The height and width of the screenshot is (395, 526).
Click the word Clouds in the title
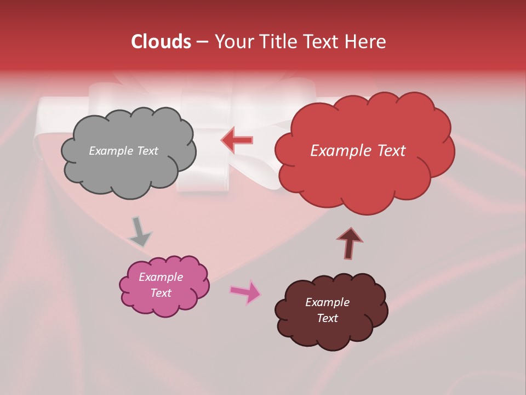coord(161,42)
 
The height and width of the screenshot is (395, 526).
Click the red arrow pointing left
coord(237,140)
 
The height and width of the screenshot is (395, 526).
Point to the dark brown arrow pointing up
coord(350,243)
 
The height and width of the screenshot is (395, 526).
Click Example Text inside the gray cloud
coord(123,151)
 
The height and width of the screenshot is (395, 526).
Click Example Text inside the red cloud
coord(358,151)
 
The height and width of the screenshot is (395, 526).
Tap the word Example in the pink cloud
coord(161,277)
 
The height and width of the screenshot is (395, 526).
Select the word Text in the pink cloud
coord(161,293)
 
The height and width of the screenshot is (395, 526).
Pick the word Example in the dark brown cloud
coord(327,302)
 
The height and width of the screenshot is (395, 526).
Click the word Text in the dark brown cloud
coord(327,318)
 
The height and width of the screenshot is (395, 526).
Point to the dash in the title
coord(202,42)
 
